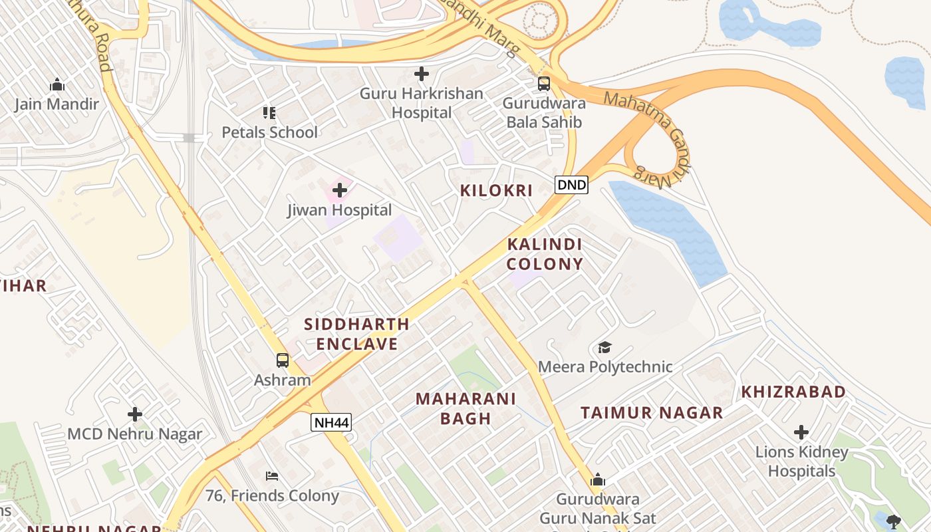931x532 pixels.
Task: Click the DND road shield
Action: (x=572, y=185)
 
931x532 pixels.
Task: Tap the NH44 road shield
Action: (x=331, y=422)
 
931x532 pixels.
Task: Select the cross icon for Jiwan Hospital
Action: (x=340, y=191)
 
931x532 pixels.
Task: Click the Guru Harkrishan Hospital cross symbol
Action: (x=422, y=74)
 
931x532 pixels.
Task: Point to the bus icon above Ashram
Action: (x=283, y=360)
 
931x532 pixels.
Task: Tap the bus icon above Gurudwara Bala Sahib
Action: (x=544, y=84)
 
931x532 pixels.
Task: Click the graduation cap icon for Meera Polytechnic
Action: (x=604, y=347)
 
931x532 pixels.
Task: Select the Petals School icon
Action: (x=269, y=112)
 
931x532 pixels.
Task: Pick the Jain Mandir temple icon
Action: (x=57, y=84)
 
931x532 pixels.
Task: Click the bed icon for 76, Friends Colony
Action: (x=272, y=475)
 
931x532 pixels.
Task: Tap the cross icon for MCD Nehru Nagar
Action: (x=135, y=415)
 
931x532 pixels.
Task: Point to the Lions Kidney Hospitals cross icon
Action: (x=801, y=432)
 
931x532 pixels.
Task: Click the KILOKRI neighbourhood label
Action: (x=497, y=191)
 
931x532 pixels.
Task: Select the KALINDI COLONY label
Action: (x=545, y=254)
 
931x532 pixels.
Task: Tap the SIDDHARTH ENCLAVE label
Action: (x=356, y=334)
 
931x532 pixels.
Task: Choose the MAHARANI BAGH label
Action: (x=465, y=408)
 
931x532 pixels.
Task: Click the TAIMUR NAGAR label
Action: (x=652, y=413)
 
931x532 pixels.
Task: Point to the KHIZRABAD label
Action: (x=793, y=392)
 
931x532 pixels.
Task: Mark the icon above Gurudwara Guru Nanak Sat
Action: (x=598, y=480)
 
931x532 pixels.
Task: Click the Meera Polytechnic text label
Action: (x=605, y=367)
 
